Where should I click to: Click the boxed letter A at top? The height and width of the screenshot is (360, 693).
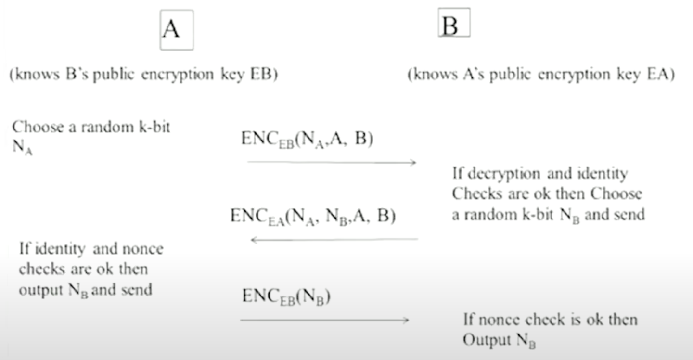click(176, 29)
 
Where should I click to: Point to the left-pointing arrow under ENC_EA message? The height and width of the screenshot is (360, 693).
click(334, 239)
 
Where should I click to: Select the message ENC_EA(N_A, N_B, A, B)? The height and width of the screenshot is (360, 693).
click(313, 217)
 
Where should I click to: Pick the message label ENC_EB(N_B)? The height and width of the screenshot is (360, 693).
click(286, 296)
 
